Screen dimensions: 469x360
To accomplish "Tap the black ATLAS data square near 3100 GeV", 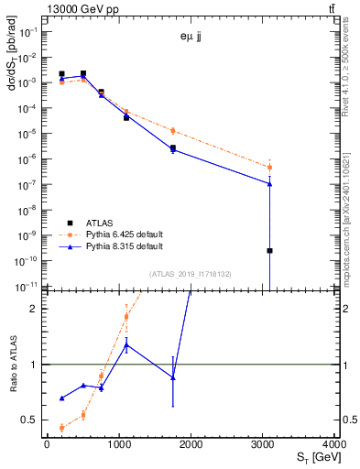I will [269, 250].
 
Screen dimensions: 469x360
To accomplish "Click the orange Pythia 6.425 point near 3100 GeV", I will [269, 167].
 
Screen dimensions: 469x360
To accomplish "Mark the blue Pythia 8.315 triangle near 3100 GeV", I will [269, 183].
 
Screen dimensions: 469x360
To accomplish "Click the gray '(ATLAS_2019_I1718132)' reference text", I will [191, 274].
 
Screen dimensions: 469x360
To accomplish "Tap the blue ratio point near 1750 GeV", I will [172, 377].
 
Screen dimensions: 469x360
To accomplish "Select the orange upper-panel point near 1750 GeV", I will [172, 130].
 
